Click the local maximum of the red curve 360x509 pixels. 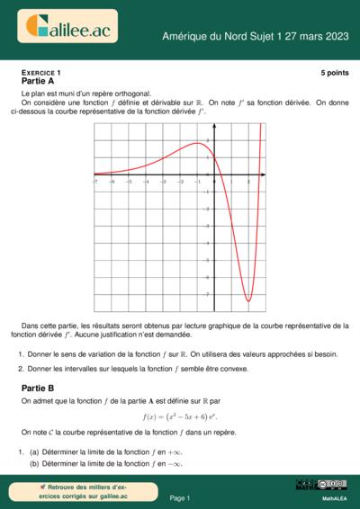(x=197, y=143)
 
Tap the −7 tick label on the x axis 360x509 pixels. (x=95, y=181)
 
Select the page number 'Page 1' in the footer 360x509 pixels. (x=180, y=497)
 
